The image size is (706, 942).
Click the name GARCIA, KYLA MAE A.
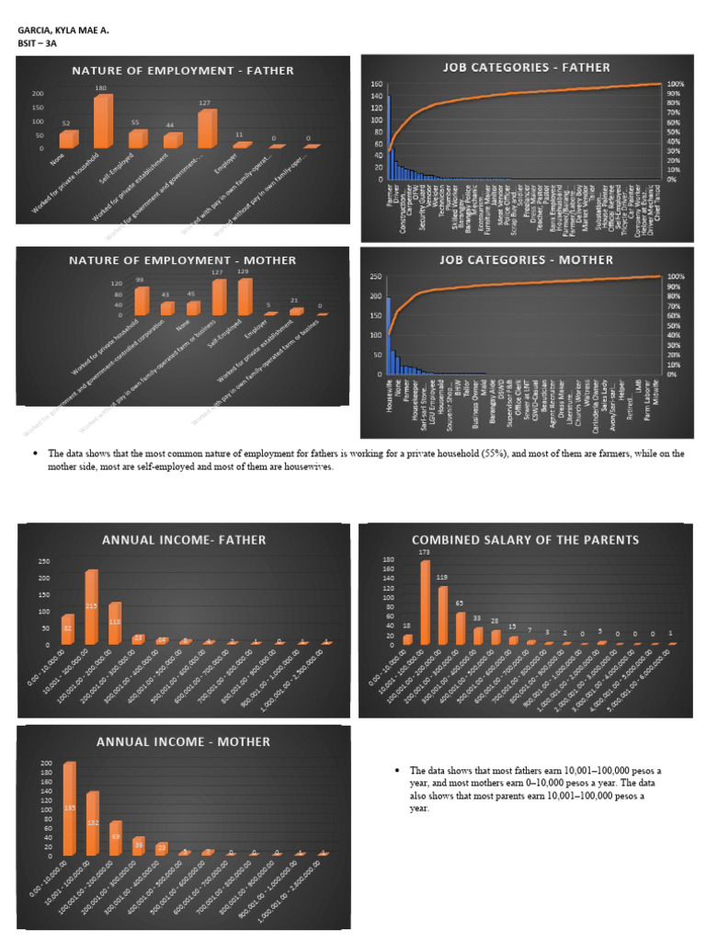click(63, 30)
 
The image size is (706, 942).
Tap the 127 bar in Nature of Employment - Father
click(207, 129)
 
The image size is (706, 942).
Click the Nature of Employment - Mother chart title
click(183, 260)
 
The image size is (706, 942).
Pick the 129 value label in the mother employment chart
click(244, 272)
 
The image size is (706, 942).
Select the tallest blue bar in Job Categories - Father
click(389, 137)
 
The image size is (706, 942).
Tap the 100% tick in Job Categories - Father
click(675, 85)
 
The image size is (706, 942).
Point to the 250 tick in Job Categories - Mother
click(375, 277)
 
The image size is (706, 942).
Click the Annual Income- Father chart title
click(184, 540)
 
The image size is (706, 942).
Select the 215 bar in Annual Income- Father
click(91, 608)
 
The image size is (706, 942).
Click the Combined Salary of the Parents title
click(527, 539)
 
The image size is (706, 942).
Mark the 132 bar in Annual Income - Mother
click(92, 824)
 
